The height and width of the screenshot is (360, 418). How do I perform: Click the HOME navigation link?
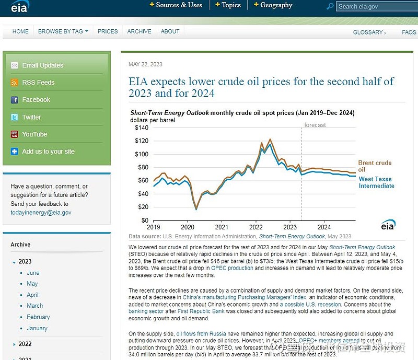20,31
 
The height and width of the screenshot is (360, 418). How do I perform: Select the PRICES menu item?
108,31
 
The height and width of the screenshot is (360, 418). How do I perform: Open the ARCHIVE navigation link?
139,31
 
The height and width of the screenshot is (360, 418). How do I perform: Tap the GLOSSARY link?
369,32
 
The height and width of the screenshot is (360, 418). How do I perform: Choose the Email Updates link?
42,65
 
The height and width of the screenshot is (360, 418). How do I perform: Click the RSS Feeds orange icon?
14,83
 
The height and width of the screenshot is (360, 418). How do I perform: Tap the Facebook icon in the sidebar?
14,100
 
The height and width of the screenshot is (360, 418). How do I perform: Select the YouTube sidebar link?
34,134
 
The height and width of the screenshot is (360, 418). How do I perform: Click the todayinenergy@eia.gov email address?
41,213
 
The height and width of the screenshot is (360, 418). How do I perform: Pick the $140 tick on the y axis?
142,127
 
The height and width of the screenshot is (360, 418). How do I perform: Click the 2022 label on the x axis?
256,227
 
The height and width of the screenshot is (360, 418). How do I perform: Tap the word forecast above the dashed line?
315,125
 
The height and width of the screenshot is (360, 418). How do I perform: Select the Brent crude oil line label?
375,166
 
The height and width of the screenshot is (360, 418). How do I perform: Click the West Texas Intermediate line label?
376,182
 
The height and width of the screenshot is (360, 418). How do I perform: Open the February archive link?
38,317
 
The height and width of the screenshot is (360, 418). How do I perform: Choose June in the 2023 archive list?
33,273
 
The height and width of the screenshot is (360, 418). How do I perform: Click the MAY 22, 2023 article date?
145,65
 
